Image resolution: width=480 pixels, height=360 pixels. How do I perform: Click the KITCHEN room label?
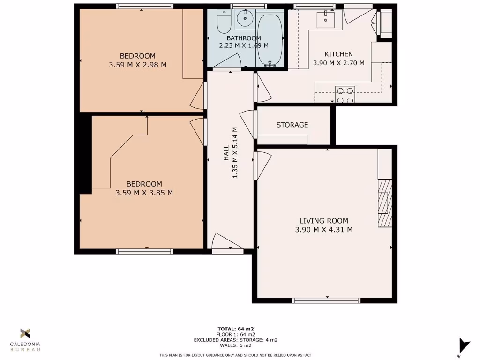338,54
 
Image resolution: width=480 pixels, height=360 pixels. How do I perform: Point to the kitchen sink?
326,20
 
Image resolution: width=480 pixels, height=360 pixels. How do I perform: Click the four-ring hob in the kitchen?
345,95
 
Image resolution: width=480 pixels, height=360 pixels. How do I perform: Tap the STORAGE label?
292,125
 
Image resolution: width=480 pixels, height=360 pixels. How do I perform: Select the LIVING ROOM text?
323,221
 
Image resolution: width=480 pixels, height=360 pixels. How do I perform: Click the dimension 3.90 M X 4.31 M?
323,230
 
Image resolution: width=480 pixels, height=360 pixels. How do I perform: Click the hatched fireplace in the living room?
385,203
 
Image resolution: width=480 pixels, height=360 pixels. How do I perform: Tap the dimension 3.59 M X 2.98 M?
137,65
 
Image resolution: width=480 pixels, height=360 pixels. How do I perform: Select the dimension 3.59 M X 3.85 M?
144,193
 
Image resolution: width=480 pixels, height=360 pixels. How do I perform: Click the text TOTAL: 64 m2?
236,329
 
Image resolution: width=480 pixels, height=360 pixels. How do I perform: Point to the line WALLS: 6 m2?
236,345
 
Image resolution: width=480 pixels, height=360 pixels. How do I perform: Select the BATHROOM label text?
243,38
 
